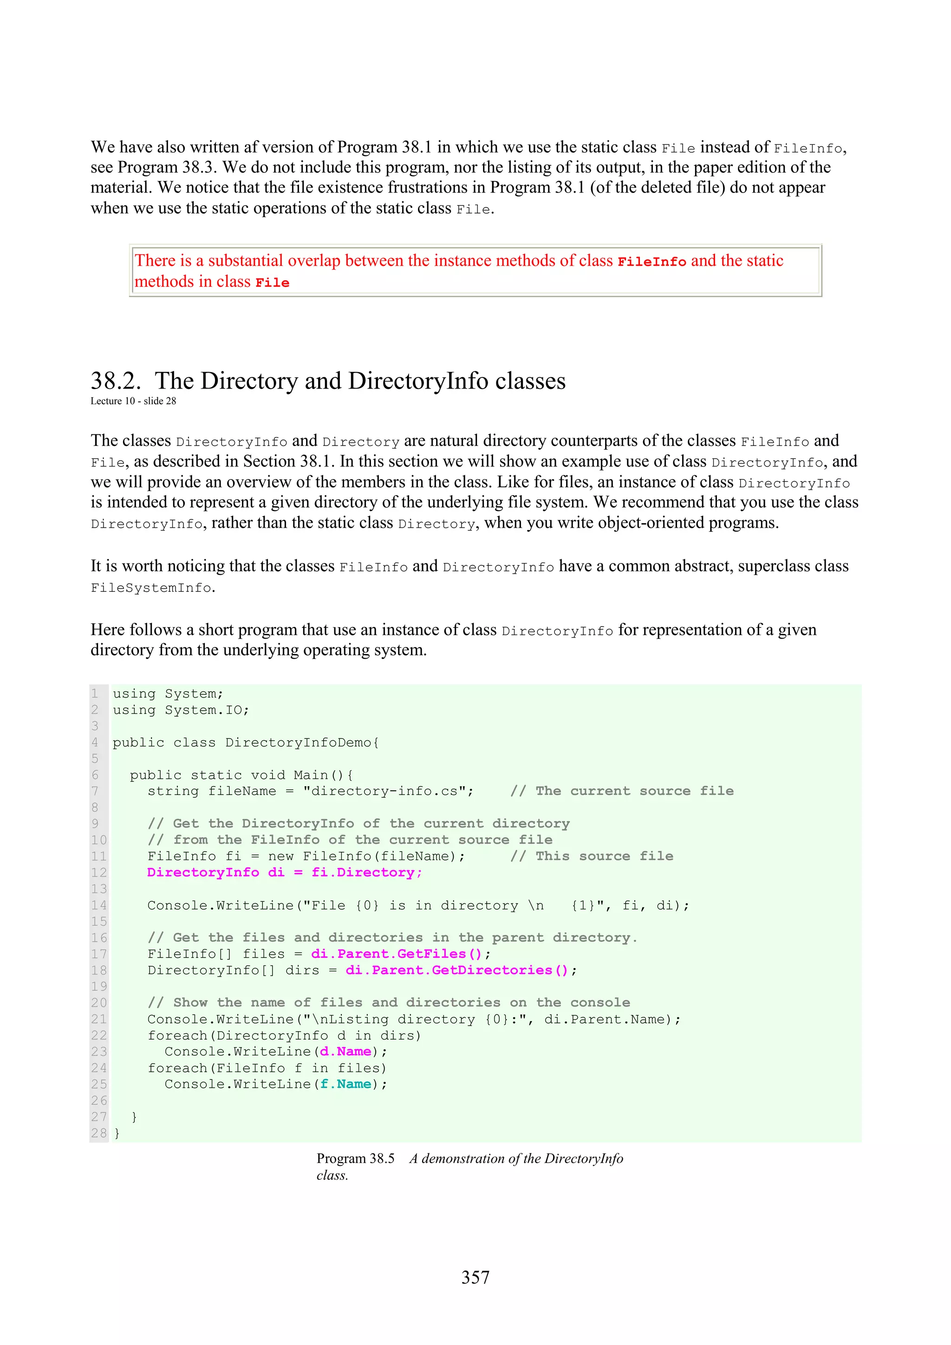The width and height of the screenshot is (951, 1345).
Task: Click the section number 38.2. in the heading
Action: (x=116, y=382)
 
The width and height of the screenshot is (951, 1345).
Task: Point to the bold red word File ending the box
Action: (x=272, y=283)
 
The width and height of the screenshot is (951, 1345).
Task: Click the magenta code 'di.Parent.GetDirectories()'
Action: (x=456, y=970)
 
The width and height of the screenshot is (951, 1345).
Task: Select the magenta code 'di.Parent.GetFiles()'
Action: (x=396, y=954)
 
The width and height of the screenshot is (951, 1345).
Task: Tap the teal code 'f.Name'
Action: (x=345, y=1084)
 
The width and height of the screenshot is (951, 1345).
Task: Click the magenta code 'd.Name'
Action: (x=345, y=1052)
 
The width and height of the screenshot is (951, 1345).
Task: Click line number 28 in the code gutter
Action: (x=98, y=1133)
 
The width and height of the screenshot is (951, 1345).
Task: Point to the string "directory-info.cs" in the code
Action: (x=388, y=791)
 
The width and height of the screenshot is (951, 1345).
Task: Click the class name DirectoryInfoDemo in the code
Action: (x=298, y=742)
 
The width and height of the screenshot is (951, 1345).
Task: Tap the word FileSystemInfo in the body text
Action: (x=150, y=588)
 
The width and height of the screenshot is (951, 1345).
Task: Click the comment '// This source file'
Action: (x=592, y=856)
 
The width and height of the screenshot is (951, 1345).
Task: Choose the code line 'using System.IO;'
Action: (x=181, y=710)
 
